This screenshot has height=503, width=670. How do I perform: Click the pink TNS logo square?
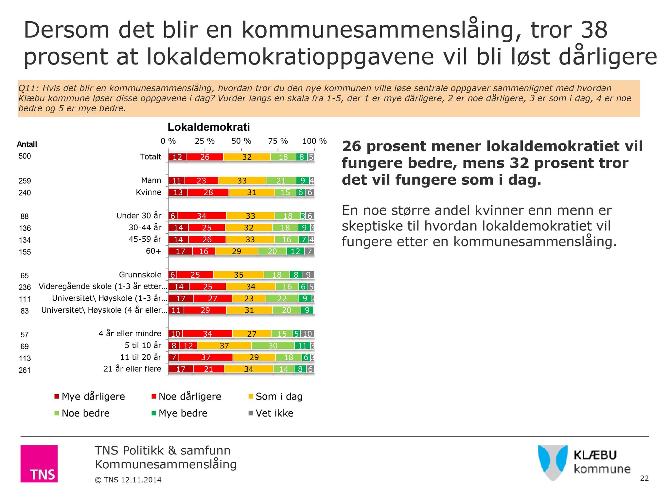point(39,464)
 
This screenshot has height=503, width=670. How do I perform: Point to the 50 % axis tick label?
point(241,141)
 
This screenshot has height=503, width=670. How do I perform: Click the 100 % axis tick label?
point(314,141)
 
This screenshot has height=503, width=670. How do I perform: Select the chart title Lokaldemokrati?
point(209,127)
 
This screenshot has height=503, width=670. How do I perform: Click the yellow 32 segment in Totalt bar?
point(247,157)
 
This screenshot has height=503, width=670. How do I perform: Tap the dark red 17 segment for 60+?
point(180,251)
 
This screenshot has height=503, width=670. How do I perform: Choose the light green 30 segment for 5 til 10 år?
point(273,346)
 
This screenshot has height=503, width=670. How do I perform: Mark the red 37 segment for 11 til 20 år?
point(206,358)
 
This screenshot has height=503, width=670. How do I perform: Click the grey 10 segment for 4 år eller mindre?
point(308,334)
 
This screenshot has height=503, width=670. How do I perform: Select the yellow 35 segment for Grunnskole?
point(239,275)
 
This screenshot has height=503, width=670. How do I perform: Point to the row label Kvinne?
point(149,192)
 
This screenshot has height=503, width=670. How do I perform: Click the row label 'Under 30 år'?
point(139,216)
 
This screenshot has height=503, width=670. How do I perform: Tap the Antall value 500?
point(25,156)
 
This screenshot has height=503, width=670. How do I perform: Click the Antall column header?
point(27,144)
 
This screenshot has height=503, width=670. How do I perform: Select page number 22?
point(644,478)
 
